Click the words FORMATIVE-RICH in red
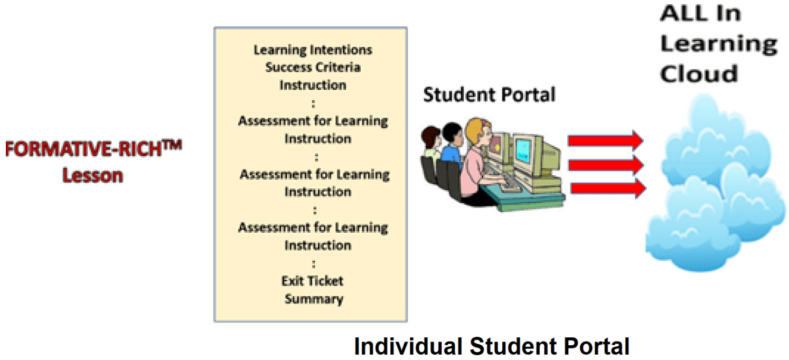(83, 149)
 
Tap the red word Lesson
(92, 175)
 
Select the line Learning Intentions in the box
(313, 50)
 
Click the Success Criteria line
(313, 67)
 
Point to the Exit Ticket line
(312, 281)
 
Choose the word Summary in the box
(314, 299)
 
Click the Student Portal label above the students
(489, 95)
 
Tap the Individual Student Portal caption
(492, 346)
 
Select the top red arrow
(605, 141)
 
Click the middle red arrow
(606, 165)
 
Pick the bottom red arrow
(608, 188)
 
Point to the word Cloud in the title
(699, 74)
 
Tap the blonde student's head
(479, 131)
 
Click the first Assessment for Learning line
(313, 121)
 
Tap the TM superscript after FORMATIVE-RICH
(172, 145)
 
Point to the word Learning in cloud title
(719, 44)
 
